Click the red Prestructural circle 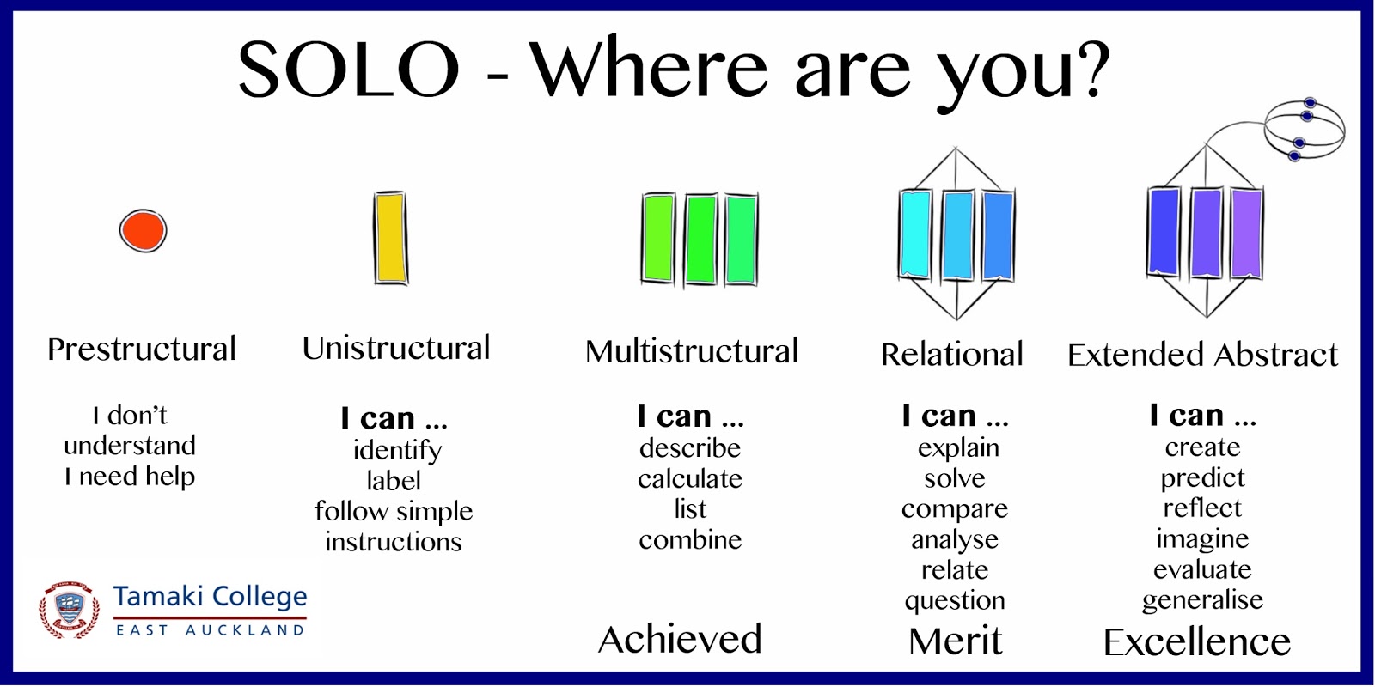143,231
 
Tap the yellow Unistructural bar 391,238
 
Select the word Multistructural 692,351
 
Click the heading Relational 952,354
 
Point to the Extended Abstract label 1203,355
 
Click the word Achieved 680,639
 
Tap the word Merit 955,641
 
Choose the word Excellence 1197,642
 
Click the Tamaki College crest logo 70,611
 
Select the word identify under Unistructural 397,450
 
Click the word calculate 690,478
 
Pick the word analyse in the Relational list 955,540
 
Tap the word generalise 1202,599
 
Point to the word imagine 1202,538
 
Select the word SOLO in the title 349,68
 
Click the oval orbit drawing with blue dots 1305,129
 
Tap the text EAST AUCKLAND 210,630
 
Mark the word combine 690,540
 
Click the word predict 1202,477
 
